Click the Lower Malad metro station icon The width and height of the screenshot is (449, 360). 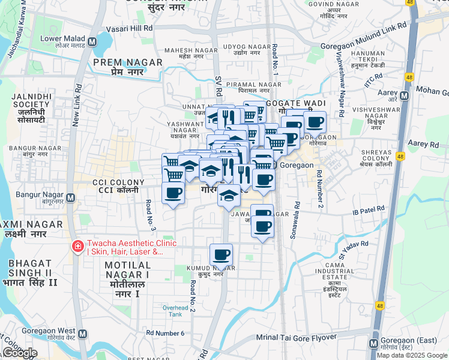92,42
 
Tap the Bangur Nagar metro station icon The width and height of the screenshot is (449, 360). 72,197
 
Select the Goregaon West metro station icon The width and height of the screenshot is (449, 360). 82,334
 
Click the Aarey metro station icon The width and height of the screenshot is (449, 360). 405,95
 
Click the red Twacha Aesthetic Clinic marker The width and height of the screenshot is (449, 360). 77,247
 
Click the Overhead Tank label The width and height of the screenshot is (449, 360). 175,310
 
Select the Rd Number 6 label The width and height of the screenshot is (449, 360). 165,333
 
